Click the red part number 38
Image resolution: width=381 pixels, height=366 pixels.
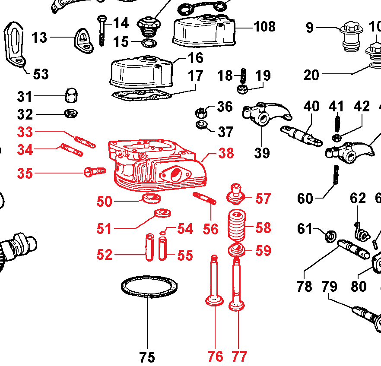226,153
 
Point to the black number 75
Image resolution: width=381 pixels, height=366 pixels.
147,357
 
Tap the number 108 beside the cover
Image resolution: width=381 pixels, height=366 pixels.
264,27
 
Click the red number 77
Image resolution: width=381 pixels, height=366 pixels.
239,357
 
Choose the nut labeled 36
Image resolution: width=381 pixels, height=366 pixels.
201,112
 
